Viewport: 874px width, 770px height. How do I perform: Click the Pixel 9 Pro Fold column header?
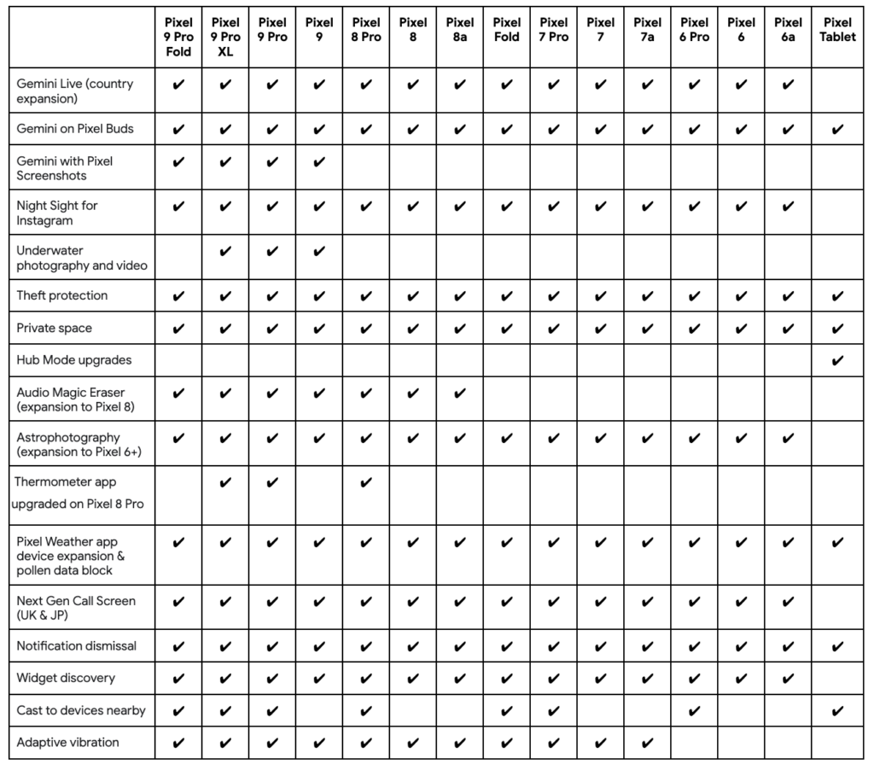coord(178,37)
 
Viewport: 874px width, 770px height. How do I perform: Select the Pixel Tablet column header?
coord(837,30)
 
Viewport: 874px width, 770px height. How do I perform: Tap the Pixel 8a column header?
coord(460,30)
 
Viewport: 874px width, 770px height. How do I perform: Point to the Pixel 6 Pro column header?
coord(695,30)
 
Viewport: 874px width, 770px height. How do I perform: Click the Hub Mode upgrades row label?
coord(74,360)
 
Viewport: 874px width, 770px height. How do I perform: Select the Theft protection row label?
coord(62,295)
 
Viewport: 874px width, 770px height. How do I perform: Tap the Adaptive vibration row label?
coord(68,743)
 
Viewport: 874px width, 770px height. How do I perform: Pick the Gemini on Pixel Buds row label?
coord(75,129)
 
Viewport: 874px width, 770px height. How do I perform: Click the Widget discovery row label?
coord(66,678)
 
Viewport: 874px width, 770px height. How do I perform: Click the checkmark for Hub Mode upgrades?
coord(837,360)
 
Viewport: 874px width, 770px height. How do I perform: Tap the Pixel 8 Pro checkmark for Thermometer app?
coord(366,483)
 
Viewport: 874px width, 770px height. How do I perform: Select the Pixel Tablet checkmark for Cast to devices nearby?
coord(837,710)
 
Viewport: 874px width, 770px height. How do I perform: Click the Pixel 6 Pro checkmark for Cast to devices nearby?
coord(695,710)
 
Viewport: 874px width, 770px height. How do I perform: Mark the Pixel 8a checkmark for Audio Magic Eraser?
coord(460,394)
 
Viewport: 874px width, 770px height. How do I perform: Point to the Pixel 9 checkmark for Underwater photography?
coord(319,251)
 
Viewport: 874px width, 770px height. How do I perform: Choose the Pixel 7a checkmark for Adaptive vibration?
coord(648,743)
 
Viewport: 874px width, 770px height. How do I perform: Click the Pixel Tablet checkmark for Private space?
coord(837,329)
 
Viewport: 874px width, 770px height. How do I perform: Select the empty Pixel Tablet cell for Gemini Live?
coord(837,90)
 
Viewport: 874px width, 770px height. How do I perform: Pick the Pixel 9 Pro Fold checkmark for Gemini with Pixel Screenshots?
coord(178,161)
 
